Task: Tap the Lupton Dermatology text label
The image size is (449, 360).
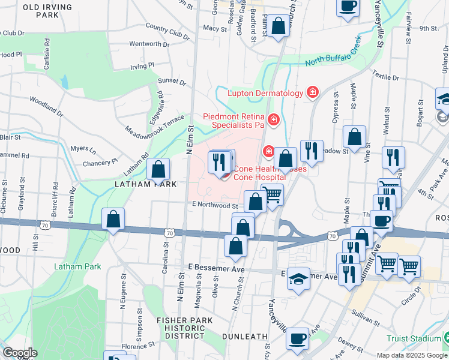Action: point(265,93)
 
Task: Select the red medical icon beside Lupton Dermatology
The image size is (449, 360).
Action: point(312,92)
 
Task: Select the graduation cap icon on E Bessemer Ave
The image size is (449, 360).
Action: point(298,279)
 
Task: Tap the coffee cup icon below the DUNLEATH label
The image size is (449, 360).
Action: point(298,338)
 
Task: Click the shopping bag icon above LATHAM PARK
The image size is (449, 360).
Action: point(159,169)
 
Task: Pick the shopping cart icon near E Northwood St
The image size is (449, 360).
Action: point(273,194)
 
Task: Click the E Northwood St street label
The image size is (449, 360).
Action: point(215,205)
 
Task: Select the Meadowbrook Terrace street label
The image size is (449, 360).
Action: point(154,124)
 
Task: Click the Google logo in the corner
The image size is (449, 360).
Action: point(20,353)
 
